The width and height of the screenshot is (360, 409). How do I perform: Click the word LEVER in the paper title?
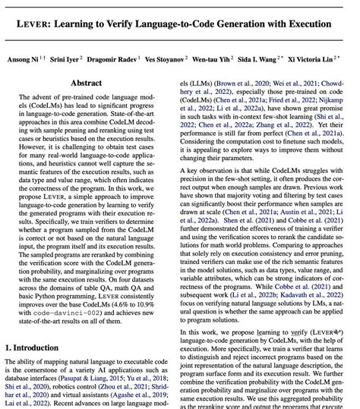(46, 24)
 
